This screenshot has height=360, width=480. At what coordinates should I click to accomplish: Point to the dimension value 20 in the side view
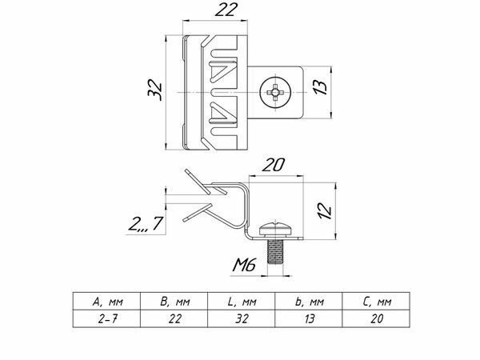[274, 165]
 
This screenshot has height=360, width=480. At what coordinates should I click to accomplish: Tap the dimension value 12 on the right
[322, 210]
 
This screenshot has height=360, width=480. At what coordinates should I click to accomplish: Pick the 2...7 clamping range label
[146, 224]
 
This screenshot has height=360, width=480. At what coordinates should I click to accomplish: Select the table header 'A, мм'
[107, 302]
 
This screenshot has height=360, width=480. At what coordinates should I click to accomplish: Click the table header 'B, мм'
[174, 302]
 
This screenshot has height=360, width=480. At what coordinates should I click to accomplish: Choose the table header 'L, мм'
[241, 302]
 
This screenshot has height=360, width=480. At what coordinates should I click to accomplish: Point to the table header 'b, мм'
[308, 302]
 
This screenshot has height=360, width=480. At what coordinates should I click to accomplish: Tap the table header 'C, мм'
[376, 302]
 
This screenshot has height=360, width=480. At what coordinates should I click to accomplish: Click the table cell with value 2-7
[107, 318]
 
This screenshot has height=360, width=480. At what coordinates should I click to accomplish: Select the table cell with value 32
[241, 318]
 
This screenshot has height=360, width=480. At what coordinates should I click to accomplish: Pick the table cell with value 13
[308, 318]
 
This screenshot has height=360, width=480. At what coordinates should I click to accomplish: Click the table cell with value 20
[376, 318]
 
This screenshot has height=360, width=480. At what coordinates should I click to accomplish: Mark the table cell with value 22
[174, 318]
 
